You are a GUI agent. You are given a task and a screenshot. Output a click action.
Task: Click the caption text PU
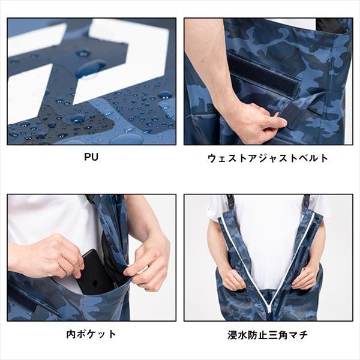92,158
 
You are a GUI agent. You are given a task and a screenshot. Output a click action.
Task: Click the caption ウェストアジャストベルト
268,158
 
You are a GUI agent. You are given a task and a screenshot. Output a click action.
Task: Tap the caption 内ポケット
92,334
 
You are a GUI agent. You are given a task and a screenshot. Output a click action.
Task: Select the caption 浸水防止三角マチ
268,334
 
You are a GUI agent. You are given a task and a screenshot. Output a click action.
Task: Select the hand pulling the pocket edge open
147,261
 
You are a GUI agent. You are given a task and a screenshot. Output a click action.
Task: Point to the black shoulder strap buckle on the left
229,201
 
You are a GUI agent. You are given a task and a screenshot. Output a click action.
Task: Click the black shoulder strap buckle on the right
307,201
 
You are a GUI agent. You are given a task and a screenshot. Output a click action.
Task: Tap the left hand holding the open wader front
235,277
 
